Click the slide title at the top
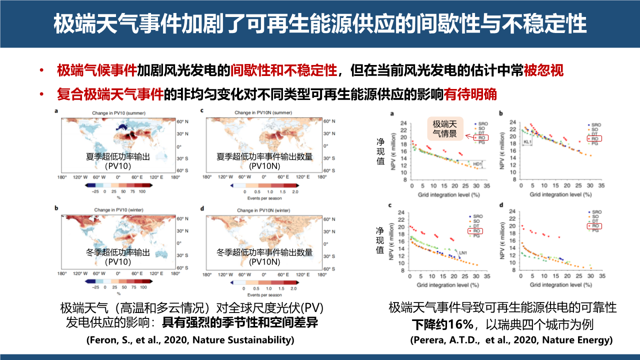[x=320, y=23]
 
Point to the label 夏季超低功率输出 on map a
[x=118, y=156]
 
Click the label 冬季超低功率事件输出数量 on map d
[x=264, y=252]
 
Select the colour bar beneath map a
[x=118, y=185]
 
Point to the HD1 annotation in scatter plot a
[x=477, y=163]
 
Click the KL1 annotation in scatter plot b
[x=527, y=142]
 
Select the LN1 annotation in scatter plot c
[x=462, y=252]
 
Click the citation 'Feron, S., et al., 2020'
[x=190, y=340]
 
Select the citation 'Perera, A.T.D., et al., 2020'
[x=511, y=340]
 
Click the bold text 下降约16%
[x=443, y=324]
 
